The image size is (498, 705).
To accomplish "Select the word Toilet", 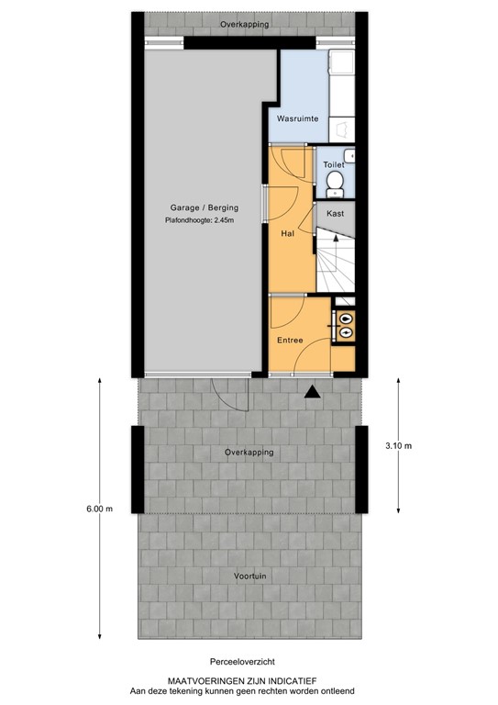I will [x=333, y=164].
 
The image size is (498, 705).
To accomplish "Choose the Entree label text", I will [x=291, y=341].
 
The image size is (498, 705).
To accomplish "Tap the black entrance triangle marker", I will [x=313, y=392].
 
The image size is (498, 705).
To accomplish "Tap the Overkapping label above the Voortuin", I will [x=249, y=453].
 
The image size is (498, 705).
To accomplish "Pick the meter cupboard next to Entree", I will [x=343, y=326].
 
